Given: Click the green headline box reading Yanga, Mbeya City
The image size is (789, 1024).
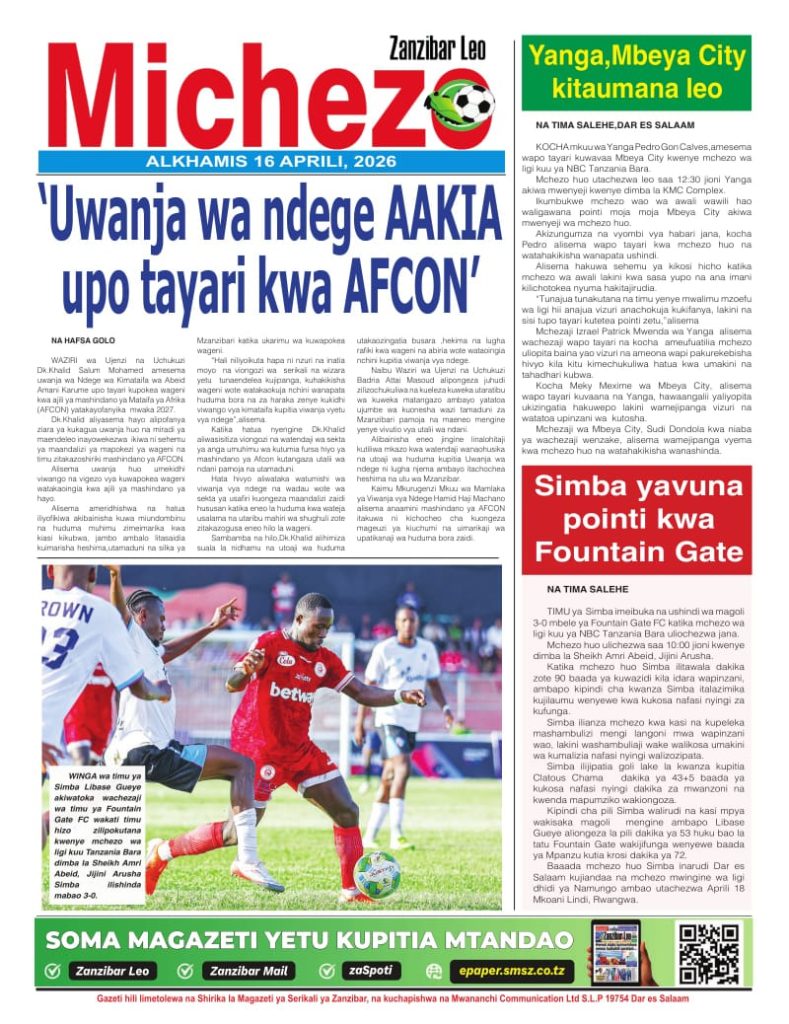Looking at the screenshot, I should (636, 72).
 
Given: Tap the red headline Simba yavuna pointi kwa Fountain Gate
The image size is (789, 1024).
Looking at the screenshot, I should (636, 520).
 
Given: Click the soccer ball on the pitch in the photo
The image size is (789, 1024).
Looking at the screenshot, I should (377, 874).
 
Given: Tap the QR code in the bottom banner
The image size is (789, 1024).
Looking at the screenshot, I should (709, 952).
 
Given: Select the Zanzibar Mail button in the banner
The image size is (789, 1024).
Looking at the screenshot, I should (249, 970).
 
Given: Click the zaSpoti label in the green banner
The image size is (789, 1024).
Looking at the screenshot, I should (374, 970).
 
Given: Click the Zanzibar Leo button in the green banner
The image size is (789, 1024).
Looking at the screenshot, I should (113, 970).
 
